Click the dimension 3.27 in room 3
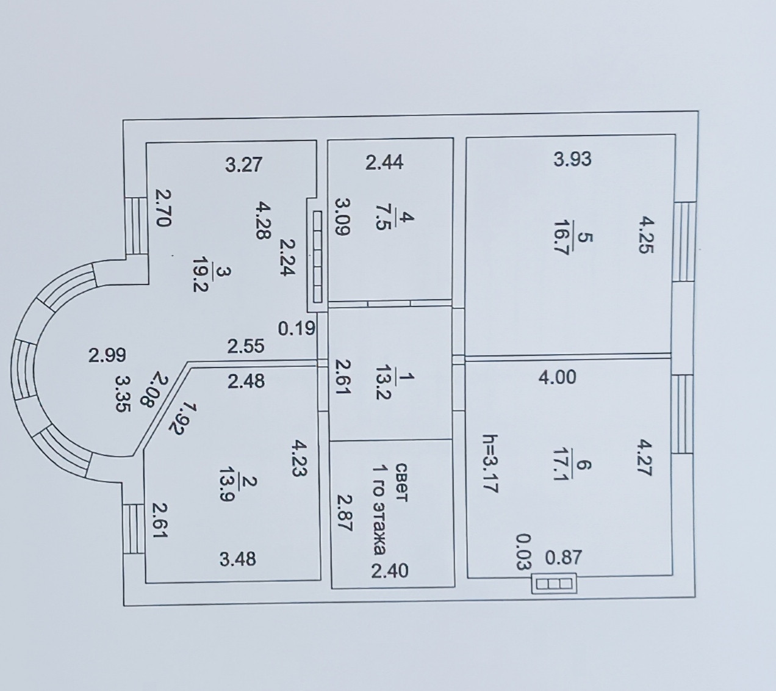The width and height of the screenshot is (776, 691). click(243, 165)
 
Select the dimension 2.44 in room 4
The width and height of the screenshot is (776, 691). click(384, 163)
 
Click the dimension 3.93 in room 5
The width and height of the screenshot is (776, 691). click(572, 159)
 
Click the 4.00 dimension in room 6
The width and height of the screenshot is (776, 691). click(556, 377)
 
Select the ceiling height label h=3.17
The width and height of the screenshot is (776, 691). click(489, 463)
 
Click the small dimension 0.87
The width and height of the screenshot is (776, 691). click(563, 558)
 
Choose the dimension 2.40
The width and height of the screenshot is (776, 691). click(390, 571)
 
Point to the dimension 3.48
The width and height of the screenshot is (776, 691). click(238, 559)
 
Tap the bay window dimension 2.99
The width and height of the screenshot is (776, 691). click(107, 355)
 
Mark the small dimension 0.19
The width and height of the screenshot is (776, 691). click(296, 329)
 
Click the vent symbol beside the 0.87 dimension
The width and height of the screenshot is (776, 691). click(555, 584)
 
